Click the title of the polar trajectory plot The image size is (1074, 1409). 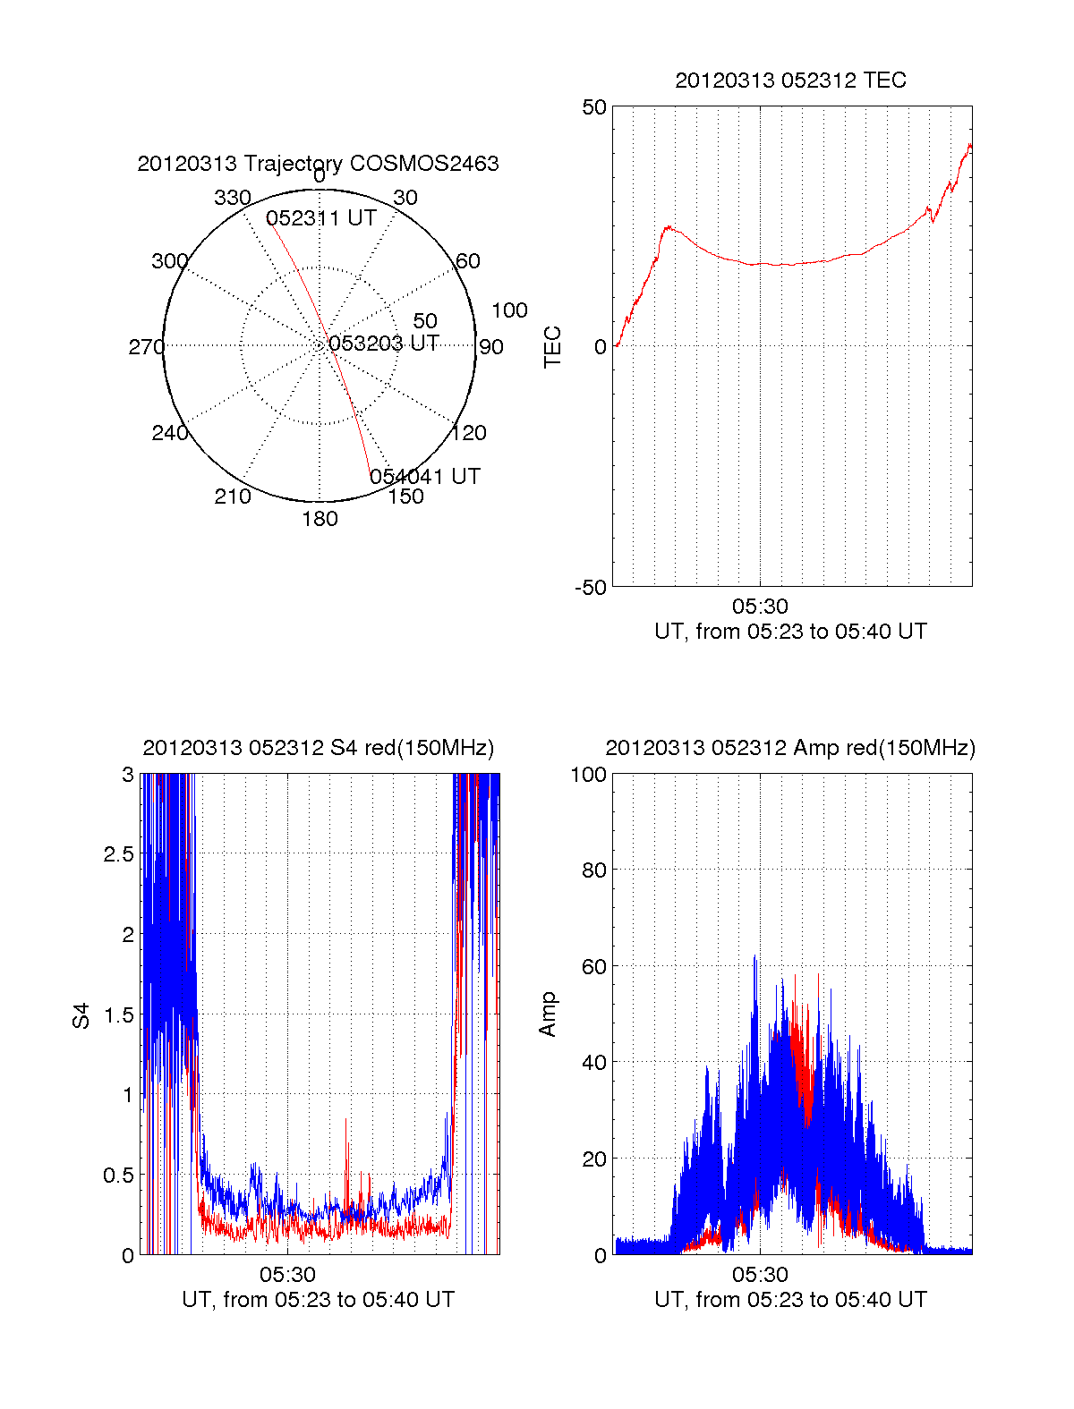[x=318, y=164]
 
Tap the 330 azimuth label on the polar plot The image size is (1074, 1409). [x=232, y=198]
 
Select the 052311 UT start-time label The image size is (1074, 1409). [x=320, y=218]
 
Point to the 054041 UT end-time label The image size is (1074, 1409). [x=425, y=476]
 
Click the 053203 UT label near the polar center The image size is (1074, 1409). [x=383, y=344]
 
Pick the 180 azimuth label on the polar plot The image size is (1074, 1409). [x=320, y=519]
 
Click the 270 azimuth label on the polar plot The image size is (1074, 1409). [x=146, y=347]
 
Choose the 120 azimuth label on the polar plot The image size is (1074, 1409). [x=469, y=433]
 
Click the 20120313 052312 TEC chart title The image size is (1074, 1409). [x=790, y=81]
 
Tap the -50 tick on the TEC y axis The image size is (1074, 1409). [x=591, y=588]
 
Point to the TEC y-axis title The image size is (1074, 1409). [x=553, y=347]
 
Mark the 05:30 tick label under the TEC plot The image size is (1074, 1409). [x=760, y=607]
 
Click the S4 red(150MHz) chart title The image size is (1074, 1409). [x=318, y=748]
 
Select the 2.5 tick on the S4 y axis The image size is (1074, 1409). [x=118, y=854]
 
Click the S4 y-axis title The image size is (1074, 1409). [x=81, y=1015]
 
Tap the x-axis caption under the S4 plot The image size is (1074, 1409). [x=318, y=1300]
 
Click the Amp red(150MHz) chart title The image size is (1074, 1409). [x=790, y=748]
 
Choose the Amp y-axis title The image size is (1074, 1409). [x=548, y=1014]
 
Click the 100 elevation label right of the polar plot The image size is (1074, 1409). [x=509, y=310]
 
